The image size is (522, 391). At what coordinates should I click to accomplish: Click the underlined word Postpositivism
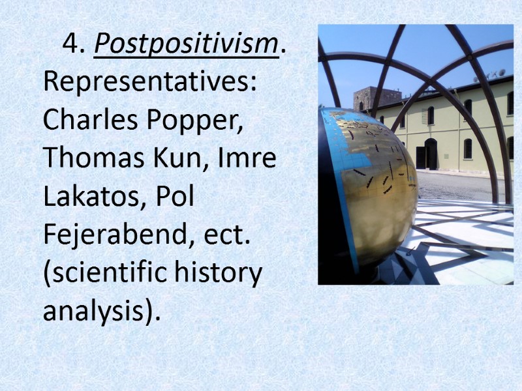tap(186, 45)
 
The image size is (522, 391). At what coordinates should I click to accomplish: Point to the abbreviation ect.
tap(229, 235)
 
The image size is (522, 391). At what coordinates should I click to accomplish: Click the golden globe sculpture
tap(375, 189)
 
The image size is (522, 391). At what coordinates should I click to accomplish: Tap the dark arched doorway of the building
tap(431, 154)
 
